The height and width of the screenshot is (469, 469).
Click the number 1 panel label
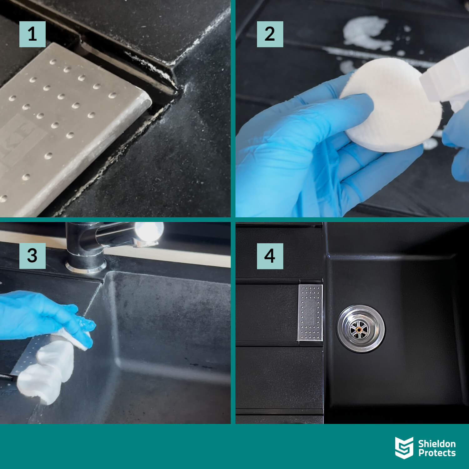tap(32, 34)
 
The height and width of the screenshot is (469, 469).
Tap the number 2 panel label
tap(270, 34)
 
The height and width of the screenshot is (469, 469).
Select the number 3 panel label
tap(32, 256)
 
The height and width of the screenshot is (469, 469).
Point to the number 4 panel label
tap(270, 256)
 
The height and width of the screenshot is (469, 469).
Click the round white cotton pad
tap(391, 105)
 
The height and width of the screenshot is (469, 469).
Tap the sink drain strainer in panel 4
tap(361, 329)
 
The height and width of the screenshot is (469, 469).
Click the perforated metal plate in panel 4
tap(310, 312)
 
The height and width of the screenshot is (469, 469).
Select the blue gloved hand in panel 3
tap(44, 316)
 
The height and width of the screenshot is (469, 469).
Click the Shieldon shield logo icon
tap(404, 448)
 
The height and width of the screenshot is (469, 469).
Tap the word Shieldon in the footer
tap(437, 443)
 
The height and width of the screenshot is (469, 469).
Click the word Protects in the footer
tap(437, 453)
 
